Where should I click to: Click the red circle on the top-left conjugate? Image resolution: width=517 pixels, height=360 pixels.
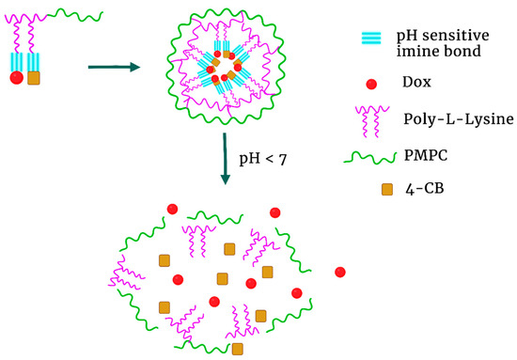pos(17,78)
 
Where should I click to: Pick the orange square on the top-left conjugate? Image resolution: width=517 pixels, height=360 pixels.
pos(35,78)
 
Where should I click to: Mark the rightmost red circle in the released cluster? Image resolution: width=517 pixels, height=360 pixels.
pos(339,273)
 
